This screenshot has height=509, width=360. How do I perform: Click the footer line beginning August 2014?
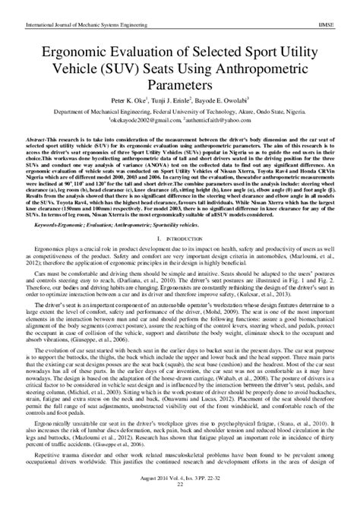[180, 495]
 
